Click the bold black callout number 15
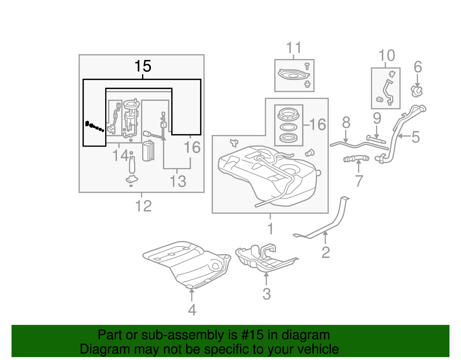point(143,66)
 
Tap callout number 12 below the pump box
point(143,206)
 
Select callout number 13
point(178,182)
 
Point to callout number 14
point(120,156)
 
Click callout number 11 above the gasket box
point(294,48)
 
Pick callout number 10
point(387,55)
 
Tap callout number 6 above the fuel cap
point(418,67)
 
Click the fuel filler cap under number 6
point(417,91)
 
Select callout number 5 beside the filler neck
point(415,137)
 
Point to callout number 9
point(377,118)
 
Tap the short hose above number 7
point(356,159)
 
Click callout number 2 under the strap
point(326,252)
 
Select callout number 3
point(267,294)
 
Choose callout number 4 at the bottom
point(192,310)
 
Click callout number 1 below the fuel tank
point(270,229)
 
